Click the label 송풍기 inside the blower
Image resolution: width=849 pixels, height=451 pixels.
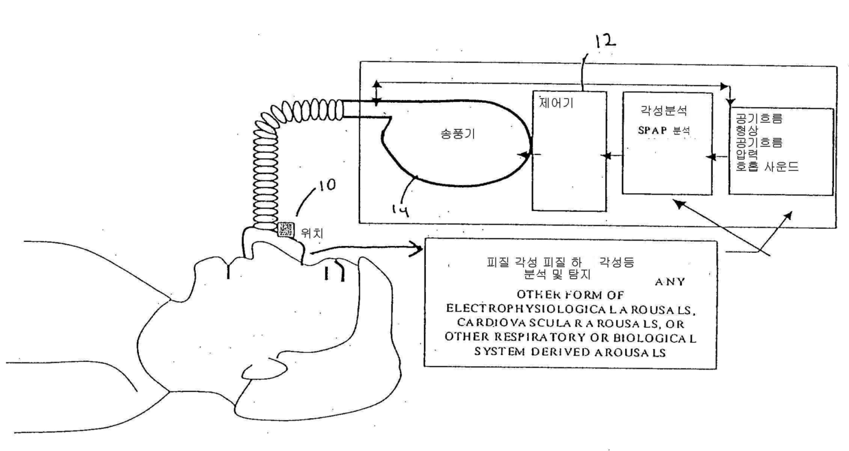(457, 134)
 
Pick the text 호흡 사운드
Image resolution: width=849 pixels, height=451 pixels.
(767, 167)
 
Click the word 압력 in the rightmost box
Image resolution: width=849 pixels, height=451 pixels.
(746, 154)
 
